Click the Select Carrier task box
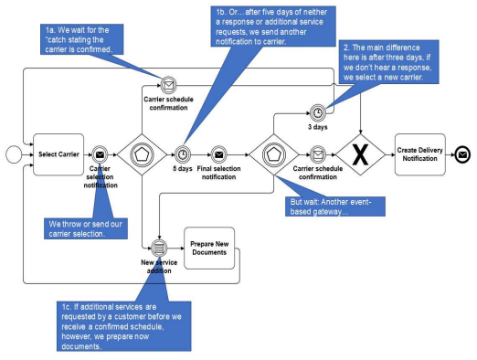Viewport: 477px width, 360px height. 58,154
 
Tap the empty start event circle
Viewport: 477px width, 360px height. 14,154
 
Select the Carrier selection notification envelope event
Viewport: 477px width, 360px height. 100,154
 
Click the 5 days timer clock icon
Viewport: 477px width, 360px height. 183,154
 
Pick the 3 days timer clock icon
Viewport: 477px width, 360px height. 318,113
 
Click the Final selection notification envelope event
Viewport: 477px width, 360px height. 218,154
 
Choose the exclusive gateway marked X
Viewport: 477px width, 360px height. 360,154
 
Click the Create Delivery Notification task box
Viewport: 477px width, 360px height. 420,154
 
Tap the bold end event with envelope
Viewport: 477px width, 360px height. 462,154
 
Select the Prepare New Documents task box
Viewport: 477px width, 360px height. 209,249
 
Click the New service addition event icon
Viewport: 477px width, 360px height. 159,249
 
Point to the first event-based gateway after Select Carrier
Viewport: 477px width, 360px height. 142,154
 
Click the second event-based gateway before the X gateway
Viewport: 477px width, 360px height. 274,154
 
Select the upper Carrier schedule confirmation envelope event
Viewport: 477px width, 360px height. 168,85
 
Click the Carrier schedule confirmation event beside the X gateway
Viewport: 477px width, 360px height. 318,154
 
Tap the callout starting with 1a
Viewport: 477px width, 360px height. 81,39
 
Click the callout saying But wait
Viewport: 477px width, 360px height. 335,206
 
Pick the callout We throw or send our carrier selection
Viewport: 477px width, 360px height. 86,228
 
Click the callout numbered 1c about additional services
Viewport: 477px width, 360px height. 123,326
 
